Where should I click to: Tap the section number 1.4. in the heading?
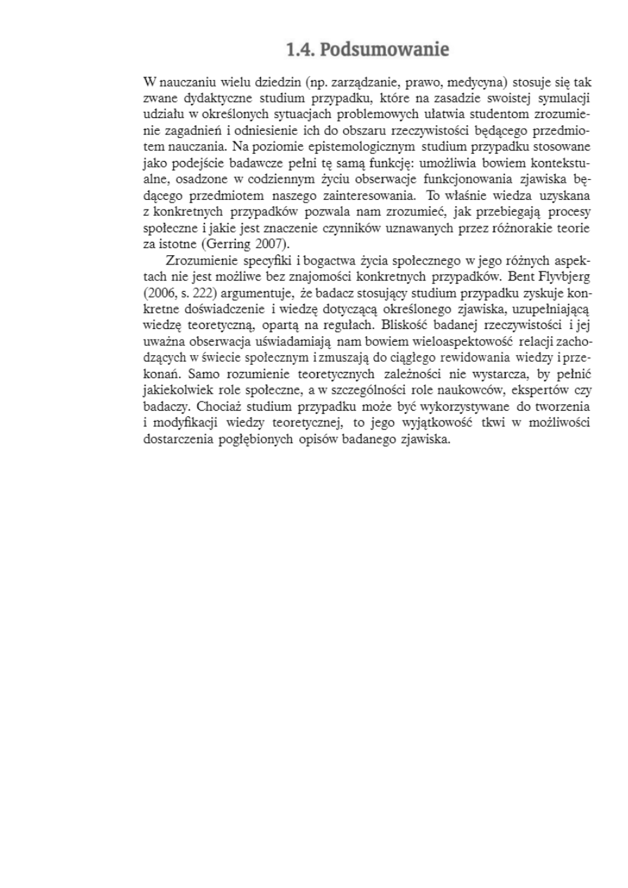coord(301,51)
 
